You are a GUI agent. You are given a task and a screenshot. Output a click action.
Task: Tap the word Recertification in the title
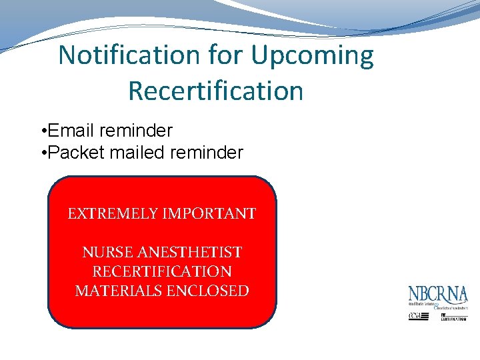tap(215, 91)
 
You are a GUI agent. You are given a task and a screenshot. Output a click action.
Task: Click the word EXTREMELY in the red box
tap(109, 214)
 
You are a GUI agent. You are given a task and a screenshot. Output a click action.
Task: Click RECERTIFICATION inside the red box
tap(162, 272)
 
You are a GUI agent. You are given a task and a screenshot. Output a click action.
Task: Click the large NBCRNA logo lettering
tap(438, 295)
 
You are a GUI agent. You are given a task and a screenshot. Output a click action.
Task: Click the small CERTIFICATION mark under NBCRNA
tap(453, 317)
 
